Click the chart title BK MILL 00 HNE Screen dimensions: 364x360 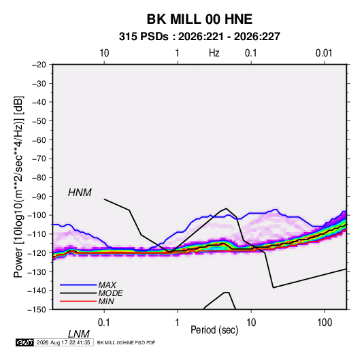(199, 19)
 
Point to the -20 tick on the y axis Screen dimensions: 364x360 (39, 65)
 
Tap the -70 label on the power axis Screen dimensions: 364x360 (39, 159)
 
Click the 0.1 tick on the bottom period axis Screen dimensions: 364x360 (104, 322)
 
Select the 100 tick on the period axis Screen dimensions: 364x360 (325, 322)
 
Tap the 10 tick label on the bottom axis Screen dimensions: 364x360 (250, 322)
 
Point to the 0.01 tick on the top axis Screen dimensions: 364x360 (324, 53)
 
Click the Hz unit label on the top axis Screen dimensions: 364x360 (214, 53)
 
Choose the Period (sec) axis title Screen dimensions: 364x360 (214, 330)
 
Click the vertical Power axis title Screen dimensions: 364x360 (18, 187)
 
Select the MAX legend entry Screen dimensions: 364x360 (107, 285)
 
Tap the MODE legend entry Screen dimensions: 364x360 (110, 293)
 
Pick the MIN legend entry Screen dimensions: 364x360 (106, 301)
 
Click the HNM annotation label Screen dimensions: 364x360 (80, 193)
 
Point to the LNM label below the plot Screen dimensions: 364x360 (79, 334)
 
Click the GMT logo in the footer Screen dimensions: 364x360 (24, 342)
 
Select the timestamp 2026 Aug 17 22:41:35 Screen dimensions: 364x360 (63, 342)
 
